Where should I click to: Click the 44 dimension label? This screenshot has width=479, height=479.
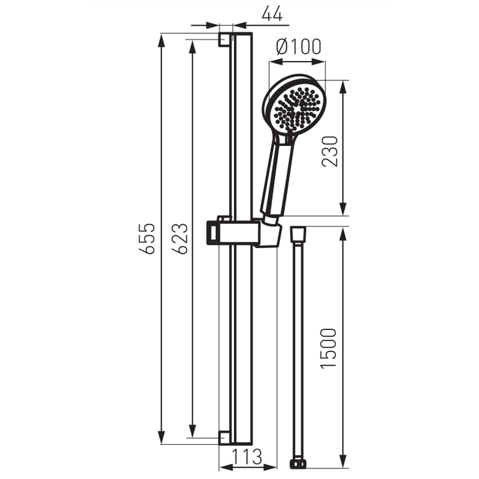click(x=272, y=14)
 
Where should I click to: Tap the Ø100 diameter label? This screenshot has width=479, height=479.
click(x=298, y=47)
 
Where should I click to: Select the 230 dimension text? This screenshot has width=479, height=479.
click(x=330, y=151)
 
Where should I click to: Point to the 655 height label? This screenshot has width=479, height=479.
click(x=147, y=239)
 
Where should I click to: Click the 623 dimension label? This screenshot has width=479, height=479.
click(x=179, y=239)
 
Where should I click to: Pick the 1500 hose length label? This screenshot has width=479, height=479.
click(x=329, y=349)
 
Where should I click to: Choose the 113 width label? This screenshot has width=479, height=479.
click(x=247, y=456)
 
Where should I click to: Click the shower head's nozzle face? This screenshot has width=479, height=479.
click(x=297, y=109)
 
